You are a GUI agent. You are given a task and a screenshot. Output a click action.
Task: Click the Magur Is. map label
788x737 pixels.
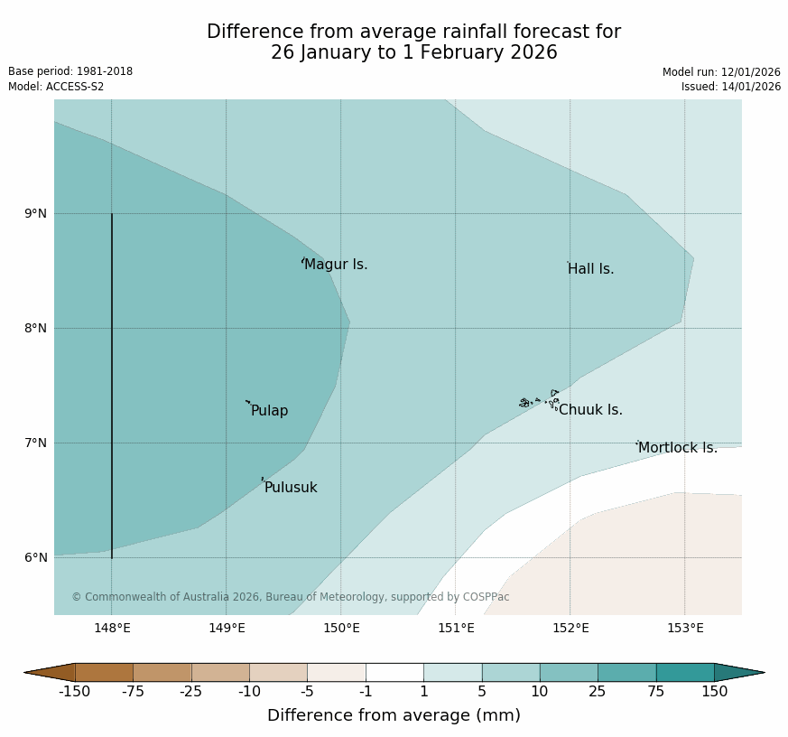(x=336, y=265)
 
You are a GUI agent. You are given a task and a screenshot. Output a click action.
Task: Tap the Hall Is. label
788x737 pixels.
(x=591, y=269)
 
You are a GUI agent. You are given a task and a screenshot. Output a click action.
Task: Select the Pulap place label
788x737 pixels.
(x=269, y=411)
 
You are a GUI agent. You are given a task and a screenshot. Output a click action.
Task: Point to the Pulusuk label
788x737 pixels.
(x=291, y=488)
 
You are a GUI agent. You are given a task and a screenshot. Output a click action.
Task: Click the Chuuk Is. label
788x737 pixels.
(x=590, y=410)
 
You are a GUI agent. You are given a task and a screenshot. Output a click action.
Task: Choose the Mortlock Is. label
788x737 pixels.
(x=677, y=448)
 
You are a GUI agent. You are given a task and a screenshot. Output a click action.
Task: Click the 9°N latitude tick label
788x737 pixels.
(x=36, y=213)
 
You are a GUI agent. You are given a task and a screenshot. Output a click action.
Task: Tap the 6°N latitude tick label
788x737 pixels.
(x=36, y=557)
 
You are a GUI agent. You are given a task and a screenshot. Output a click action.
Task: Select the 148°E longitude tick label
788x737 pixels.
(x=113, y=629)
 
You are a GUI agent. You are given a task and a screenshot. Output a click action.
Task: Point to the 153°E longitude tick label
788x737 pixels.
(x=685, y=629)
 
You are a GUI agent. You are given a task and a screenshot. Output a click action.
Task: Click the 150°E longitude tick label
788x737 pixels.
(x=342, y=629)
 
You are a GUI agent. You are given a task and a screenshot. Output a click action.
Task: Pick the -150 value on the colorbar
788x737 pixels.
(x=75, y=692)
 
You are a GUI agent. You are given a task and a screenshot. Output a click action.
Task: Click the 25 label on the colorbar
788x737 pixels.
(x=598, y=692)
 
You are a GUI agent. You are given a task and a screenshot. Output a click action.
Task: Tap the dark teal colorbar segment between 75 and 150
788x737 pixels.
(x=684, y=672)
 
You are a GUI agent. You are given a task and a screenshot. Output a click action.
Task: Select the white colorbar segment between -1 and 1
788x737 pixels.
(x=394, y=672)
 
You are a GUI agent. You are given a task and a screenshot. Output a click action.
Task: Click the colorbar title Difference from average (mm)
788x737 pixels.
(x=394, y=715)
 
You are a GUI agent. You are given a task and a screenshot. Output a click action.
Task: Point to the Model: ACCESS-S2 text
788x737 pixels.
(x=56, y=87)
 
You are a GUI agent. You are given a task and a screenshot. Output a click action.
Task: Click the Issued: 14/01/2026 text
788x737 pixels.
(x=730, y=87)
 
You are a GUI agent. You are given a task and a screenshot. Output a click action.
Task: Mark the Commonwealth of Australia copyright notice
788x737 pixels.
(x=291, y=597)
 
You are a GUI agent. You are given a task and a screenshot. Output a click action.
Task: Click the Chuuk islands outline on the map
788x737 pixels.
(x=539, y=400)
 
